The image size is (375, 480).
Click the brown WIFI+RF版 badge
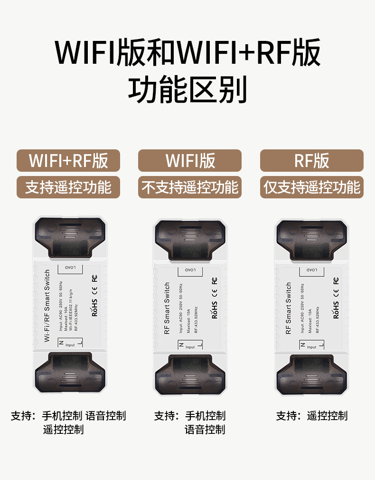click(x=68, y=161)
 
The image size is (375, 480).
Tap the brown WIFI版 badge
click(x=190, y=161)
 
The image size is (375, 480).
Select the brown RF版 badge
click(x=311, y=161)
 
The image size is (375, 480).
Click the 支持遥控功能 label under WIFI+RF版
click(x=68, y=187)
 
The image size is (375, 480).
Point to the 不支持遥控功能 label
click(x=190, y=187)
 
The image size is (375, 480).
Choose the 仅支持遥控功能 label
click(x=311, y=187)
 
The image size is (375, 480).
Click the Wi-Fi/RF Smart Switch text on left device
click(x=47, y=304)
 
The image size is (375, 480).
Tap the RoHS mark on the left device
click(x=94, y=307)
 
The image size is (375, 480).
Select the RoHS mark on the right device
click(x=336, y=309)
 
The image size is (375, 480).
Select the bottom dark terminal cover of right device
click(x=311, y=376)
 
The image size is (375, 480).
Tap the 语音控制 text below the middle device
click(x=205, y=430)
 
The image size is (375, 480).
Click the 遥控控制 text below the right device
click(x=327, y=416)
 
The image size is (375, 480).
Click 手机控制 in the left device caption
click(x=62, y=416)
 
